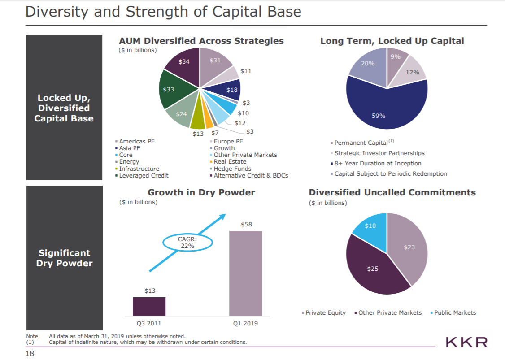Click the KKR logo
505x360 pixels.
[x=466, y=343]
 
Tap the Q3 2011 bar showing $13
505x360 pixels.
[x=149, y=306]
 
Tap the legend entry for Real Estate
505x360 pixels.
[x=230, y=161]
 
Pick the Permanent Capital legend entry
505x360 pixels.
[x=361, y=143]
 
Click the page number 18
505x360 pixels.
[x=30, y=354]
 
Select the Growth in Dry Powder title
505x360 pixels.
[x=201, y=192]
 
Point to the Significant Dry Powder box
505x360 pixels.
[x=64, y=258]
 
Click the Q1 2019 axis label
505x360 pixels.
[x=245, y=323]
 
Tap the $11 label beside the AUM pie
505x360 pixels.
[x=246, y=71]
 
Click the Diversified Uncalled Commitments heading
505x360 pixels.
[x=392, y=192]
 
